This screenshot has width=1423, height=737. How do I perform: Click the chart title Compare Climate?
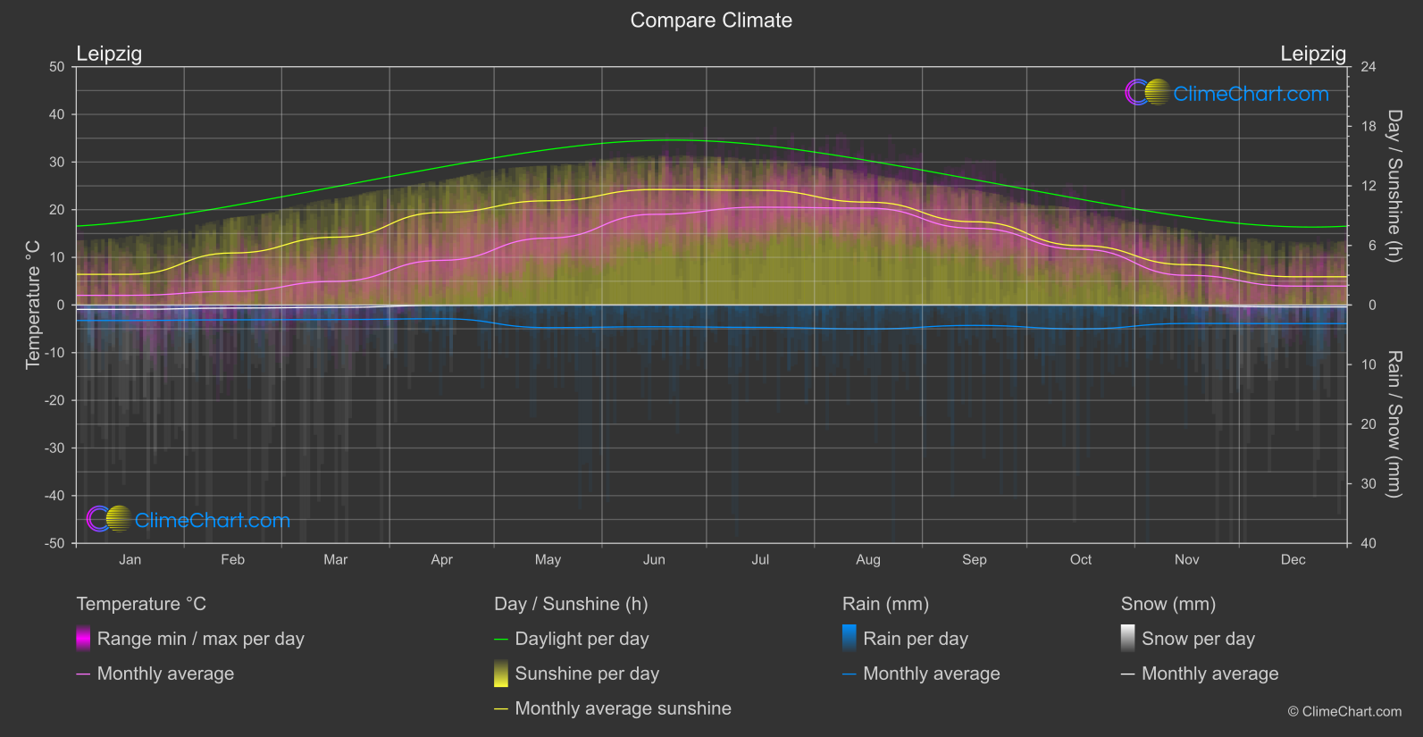[x=711, y=21]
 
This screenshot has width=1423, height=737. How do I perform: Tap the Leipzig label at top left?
[x=109, y=54]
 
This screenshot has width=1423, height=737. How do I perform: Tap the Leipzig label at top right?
[x=1312, y=54]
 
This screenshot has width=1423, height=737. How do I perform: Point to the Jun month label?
[x=654, y=560]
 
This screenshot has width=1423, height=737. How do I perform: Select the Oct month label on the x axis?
[x=1080, y=560]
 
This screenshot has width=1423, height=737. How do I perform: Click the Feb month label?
[x=232, y=560]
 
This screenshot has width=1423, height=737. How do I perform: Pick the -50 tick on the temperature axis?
[x=56, y=543]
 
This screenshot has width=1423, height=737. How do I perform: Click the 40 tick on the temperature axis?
[x=56, y=114]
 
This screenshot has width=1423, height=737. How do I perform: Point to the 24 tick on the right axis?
[x=1368, y=67]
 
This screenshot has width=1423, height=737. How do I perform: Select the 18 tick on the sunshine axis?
[x=1368, y=127]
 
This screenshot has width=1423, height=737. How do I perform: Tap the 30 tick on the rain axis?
[x=1368, y=484]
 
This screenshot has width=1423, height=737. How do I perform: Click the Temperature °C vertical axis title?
[x=33, y=304]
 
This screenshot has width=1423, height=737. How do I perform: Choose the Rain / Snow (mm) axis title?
[x=1394, y=423]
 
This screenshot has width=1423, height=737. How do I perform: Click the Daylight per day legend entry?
[x=582, y=639]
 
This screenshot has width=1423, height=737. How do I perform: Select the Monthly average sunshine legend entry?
[x=623, y=708]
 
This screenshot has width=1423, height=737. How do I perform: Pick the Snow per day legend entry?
[x=1198, y=639]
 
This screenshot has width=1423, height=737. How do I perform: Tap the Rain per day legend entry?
[x=915, y=639]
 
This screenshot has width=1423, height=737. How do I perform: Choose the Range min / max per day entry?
[x=200, y=639]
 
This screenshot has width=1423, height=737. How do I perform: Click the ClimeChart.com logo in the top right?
[x=1227, y=93]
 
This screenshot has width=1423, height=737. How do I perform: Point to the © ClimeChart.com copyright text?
[x=1344, y=712]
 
